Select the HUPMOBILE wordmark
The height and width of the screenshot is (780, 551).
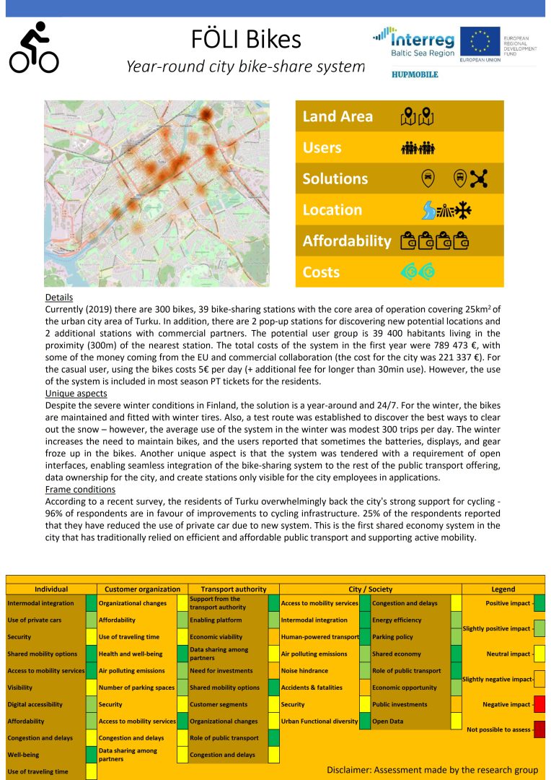point(414,74)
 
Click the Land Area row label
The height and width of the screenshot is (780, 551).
point(338,116)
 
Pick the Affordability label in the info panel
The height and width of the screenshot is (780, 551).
point(347,241)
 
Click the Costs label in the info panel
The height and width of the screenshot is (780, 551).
point(321,272)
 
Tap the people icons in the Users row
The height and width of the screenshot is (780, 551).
point(419,148)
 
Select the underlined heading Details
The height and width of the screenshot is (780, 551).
point(58,298)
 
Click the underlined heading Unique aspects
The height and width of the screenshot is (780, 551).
point(77,394)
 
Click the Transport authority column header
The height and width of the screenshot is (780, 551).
point(233,589)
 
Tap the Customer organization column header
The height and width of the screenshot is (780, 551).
point(142,589)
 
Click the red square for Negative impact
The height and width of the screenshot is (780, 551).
point(539,704)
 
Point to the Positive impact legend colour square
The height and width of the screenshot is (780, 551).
point(539,603)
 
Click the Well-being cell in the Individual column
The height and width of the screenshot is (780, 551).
point(24,755)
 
